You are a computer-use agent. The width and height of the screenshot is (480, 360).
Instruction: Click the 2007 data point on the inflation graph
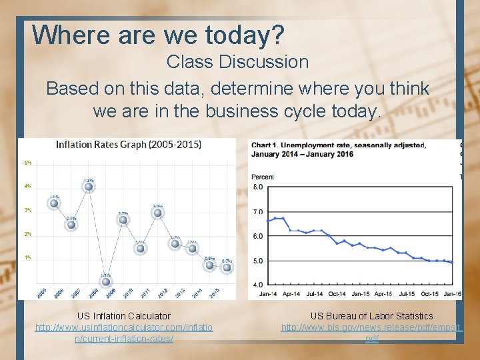(89, 187)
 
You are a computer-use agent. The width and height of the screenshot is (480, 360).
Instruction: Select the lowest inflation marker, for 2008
(106, 281)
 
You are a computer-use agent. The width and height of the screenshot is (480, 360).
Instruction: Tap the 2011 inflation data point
(157, 213)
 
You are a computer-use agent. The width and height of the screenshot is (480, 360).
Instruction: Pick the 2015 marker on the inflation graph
(227, 267)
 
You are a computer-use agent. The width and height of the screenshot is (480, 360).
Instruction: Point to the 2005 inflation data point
(54, 203)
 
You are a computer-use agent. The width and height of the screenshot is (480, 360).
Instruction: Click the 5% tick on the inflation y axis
(28, 163)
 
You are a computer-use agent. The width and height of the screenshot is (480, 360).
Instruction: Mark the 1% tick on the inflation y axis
(28, 257)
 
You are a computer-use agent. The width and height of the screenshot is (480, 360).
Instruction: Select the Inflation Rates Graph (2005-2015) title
(129, 145)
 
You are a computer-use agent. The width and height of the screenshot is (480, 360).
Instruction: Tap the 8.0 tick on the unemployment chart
(257, 187)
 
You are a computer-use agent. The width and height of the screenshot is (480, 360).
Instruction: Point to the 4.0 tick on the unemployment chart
(257, 285)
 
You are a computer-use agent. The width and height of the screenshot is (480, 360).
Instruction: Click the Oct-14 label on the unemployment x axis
(337, 293)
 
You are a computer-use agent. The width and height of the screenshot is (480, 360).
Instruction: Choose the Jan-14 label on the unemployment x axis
(267, 293)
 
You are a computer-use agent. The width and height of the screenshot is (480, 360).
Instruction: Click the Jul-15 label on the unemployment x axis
(406, 293)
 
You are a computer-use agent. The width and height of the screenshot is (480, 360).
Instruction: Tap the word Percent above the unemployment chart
(262, 177)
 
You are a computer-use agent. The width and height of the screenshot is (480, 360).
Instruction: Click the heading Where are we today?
(158, 35)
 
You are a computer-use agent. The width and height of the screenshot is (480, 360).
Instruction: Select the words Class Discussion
(237, 62)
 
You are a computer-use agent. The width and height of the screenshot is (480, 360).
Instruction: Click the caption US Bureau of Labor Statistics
(371, 316)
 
